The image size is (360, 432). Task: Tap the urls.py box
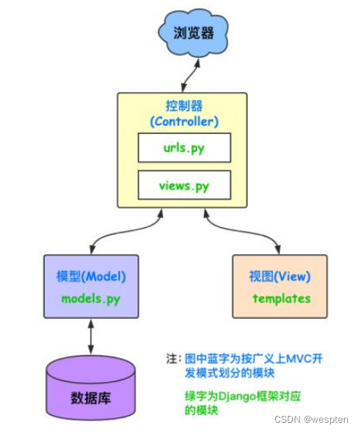click(x=184, y=148)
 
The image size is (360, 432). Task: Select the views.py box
click(x=184, y=185)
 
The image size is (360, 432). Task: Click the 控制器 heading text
click(x=184, y=106)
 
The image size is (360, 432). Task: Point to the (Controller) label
click(x=184, y=122)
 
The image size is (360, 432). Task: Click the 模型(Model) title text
click(x=91, y=276)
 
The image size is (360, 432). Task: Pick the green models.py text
click(x=91, y=300)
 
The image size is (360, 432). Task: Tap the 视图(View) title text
click(x=280, y=276)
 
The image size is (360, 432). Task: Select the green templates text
click(x=282, y=299)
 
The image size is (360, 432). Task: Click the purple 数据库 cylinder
click(x=91, y=388)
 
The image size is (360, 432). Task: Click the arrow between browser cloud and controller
click(x=191, y=75)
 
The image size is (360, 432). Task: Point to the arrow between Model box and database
click(x=91, y=337)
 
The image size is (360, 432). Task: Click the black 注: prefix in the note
click(x=174, y=359)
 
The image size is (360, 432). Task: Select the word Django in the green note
click(x=237, y=397)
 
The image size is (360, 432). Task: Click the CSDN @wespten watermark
click(x=312, y=420)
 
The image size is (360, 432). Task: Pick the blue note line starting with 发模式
click(x=229, y=373)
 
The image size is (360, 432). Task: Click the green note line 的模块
click(x=202, y=410)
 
